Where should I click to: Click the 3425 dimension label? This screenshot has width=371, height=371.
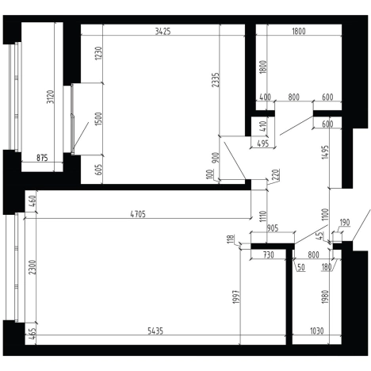(x=163, y=32)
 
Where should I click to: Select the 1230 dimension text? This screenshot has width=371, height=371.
(x=98, y=53)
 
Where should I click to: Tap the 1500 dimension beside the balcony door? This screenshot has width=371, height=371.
(x=98, y=119)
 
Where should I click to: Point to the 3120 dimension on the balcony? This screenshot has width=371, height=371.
(x=50, y=97)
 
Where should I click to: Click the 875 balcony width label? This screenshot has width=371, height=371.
(x=42, y=158)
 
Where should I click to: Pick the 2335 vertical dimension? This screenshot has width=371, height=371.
(x=216, y=80)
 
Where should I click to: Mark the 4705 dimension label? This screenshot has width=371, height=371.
(x=138, y=214)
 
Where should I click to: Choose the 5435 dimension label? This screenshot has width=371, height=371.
(x=155, y=331)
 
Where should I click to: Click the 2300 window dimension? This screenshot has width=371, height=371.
(x=32, y=267)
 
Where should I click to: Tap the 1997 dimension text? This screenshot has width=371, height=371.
(x=236, y=296)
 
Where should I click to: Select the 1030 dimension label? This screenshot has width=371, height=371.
(x=316, y=331)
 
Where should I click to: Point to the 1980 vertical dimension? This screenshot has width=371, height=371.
(x=325, y=296)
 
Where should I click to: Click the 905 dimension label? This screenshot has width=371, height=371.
(x=273, y=228)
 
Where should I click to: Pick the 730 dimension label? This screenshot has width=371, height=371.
(x=269, y=255)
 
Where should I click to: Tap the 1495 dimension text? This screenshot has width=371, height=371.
(x=325, y=152)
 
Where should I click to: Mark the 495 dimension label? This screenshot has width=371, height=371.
(x=263, y=143)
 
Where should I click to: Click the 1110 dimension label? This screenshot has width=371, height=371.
(x=263, y=216)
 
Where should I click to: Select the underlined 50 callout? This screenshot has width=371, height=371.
(x=301, y=267)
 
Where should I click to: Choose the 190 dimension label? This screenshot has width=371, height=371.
(x=345, y=223)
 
